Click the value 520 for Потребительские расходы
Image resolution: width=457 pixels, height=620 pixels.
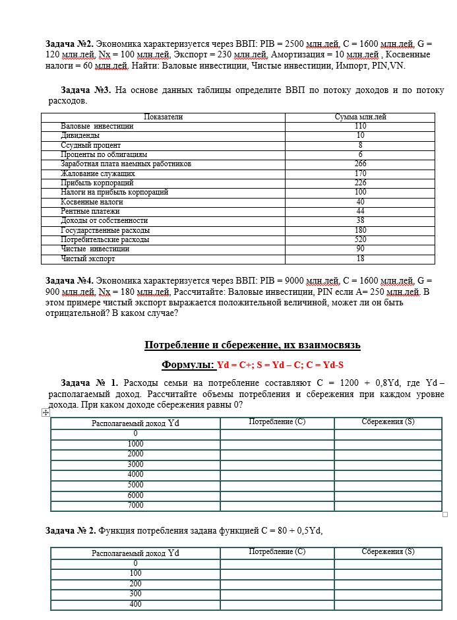[360, 240]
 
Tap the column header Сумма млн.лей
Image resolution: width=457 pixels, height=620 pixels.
[360, 117]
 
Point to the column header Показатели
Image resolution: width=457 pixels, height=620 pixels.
[163, 117]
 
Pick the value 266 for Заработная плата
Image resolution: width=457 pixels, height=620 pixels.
[360, 164]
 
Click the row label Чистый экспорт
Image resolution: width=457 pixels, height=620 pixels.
[88, 259]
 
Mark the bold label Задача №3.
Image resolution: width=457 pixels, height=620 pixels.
[84, 90]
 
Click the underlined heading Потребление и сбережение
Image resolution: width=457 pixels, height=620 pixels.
[252, 345]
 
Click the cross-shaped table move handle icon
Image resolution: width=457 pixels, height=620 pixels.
[46, 413]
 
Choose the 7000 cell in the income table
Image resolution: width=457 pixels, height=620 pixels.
[135, 506]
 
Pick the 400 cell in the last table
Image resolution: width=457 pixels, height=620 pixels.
[135, 604]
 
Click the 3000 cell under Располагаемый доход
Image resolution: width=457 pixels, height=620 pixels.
[135, 464]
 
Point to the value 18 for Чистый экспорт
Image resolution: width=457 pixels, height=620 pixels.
[360, 259]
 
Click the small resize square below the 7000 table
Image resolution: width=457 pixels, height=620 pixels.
[445, 514]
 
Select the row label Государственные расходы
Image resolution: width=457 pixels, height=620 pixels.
[105, 231]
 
